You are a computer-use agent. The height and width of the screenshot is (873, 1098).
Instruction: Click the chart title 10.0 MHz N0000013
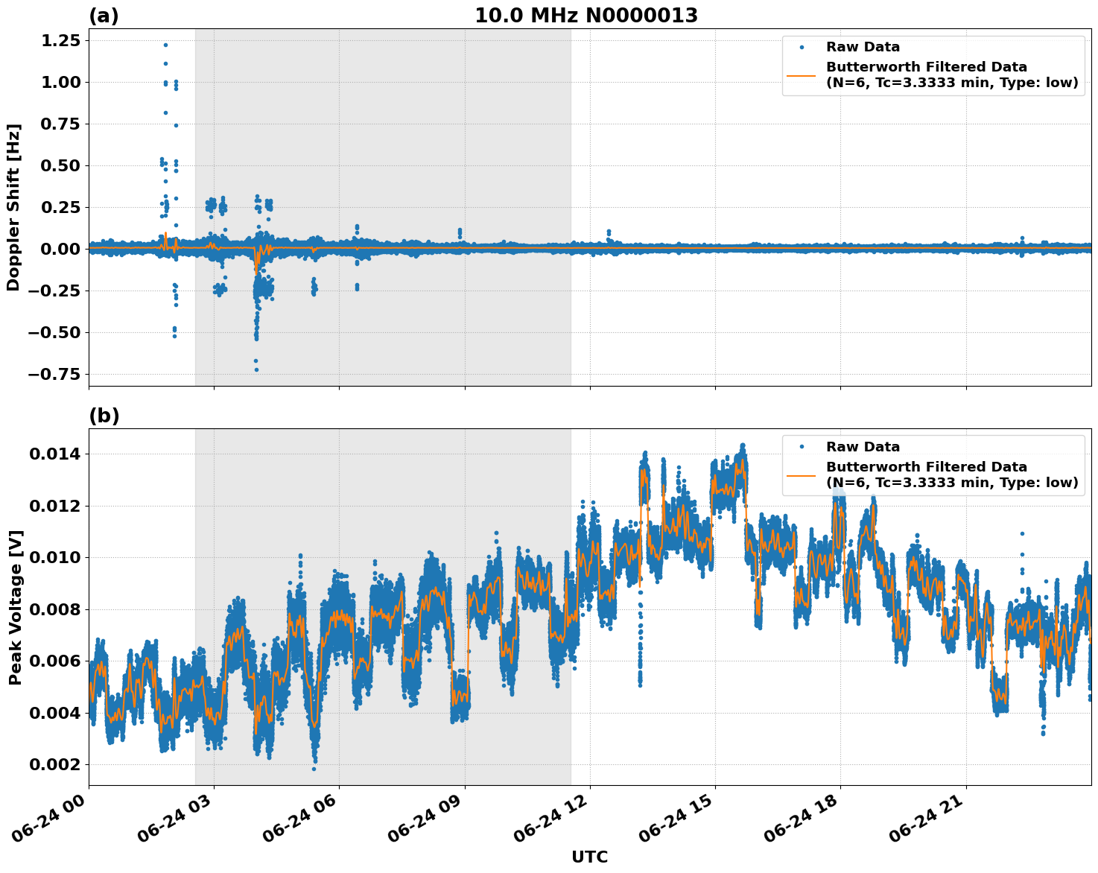pos(586,16)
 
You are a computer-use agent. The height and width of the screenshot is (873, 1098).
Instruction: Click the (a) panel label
pos(104,16)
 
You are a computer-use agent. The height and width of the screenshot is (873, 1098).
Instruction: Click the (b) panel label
pos(104,416)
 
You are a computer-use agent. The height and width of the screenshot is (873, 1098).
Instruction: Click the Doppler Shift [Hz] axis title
pos(13,207)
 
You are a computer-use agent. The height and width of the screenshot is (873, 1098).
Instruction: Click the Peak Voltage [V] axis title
pos(15,607)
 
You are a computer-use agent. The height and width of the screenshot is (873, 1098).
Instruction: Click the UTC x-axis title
pos(589,857)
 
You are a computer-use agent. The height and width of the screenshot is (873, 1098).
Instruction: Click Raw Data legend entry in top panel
pos(863,47)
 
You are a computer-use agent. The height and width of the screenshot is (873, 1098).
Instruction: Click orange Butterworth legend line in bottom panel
pos(802,474)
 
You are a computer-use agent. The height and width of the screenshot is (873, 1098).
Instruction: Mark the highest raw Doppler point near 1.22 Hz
pos(165,45)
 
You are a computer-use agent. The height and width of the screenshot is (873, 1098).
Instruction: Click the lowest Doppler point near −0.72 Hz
pos(256,369)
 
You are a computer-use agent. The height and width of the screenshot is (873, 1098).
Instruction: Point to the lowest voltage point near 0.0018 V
pos(314,769)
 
